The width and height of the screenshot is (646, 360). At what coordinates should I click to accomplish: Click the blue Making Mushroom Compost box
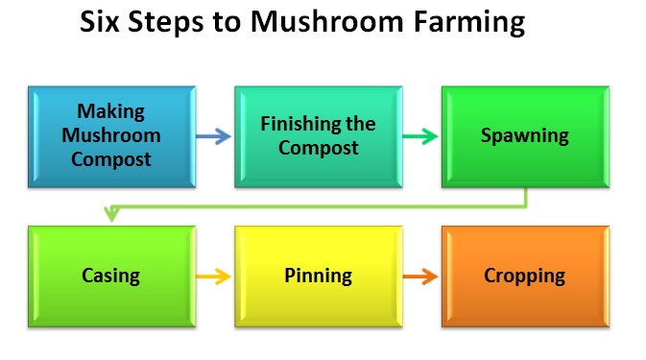click(x=111, y=136)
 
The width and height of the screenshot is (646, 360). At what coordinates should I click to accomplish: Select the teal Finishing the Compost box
click(x=317, y=136)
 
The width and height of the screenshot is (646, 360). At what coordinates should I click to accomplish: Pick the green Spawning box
click(x=524, y=136)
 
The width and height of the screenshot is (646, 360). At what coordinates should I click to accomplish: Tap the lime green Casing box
click(x=111, y=276)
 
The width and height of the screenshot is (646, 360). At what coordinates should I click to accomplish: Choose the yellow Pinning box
click(x=318, y=276)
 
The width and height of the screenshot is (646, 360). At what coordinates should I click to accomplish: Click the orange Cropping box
click(x=524, y=276)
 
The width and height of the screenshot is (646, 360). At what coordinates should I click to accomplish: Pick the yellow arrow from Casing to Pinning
click(x=214, y=276)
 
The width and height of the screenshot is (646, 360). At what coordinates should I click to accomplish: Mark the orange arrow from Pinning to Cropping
click(x=420, y=276)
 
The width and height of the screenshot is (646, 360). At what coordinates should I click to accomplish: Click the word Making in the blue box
click(x=110, y=112)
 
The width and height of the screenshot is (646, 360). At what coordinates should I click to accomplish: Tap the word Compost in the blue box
click(x=110, y=159)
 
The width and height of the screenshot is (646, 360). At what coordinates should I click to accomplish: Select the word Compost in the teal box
click(x=318, y=148)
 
